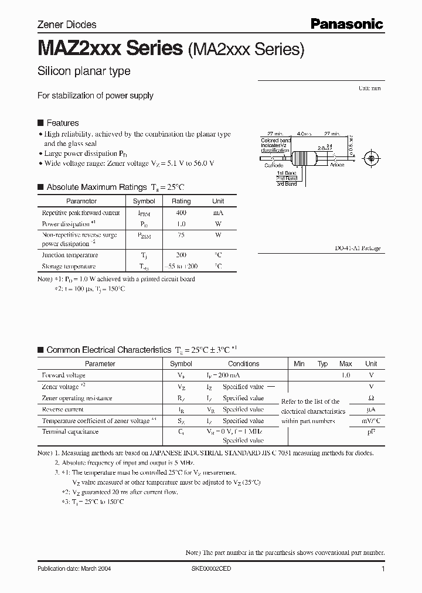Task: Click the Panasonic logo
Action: tap(346, 24)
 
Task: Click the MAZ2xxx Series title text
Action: tap(110, 49)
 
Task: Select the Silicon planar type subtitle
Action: tap(84, 71)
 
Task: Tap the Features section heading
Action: tap(62, 123)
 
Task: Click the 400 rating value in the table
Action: tap(181, 213)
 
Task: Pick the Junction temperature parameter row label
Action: tap(70, 255)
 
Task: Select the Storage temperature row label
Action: tap(69, 266)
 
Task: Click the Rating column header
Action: tap(181, 201)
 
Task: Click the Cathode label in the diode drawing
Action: tap(274, 166)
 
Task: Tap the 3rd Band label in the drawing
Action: tap(287, 184)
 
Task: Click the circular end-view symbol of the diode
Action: tap(370, 158)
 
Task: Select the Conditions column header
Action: tap(243, 363)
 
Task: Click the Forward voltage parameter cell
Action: tap(63, 375)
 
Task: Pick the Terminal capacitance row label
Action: tap(70, 431)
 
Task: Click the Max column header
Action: tap(345, 363)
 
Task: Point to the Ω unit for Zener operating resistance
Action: tap(370, 398)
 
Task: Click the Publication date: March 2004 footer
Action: tap(74, 569)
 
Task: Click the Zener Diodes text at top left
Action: tap(67, 25)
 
